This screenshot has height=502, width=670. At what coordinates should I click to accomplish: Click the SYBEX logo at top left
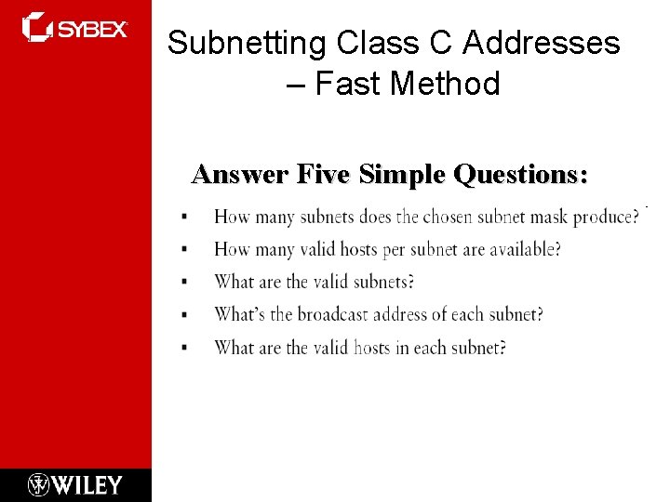[74, 28]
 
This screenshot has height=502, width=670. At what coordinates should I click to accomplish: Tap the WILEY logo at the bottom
[75, 484]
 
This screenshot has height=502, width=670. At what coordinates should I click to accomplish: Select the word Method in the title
[446, 84]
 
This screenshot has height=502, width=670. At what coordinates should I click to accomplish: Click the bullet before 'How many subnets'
[184, 217]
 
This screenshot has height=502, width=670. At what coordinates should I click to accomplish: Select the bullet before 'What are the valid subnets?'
[184, 282]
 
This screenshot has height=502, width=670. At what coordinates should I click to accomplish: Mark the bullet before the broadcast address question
[184, 314]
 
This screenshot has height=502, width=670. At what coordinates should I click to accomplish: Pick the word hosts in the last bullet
[374, 347]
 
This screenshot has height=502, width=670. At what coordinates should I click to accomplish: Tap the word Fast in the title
[349, 84]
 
